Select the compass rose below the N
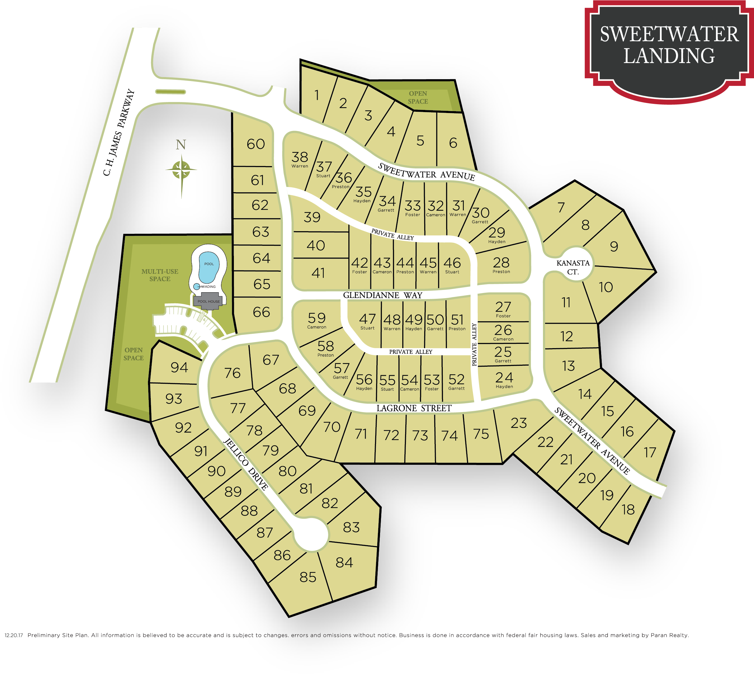tap(181, 170)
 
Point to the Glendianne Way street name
tap(382, 295)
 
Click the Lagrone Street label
tap(414, 408)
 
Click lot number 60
tap(256, 144)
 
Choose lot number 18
tap(628, 510)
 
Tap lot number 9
tap(614, 246)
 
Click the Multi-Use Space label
tap(160, 275)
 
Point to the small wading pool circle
tap(197, 286)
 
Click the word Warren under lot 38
tap(300, 166)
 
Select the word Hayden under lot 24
tap(504, 386)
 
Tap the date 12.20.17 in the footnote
tap(14, 635)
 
